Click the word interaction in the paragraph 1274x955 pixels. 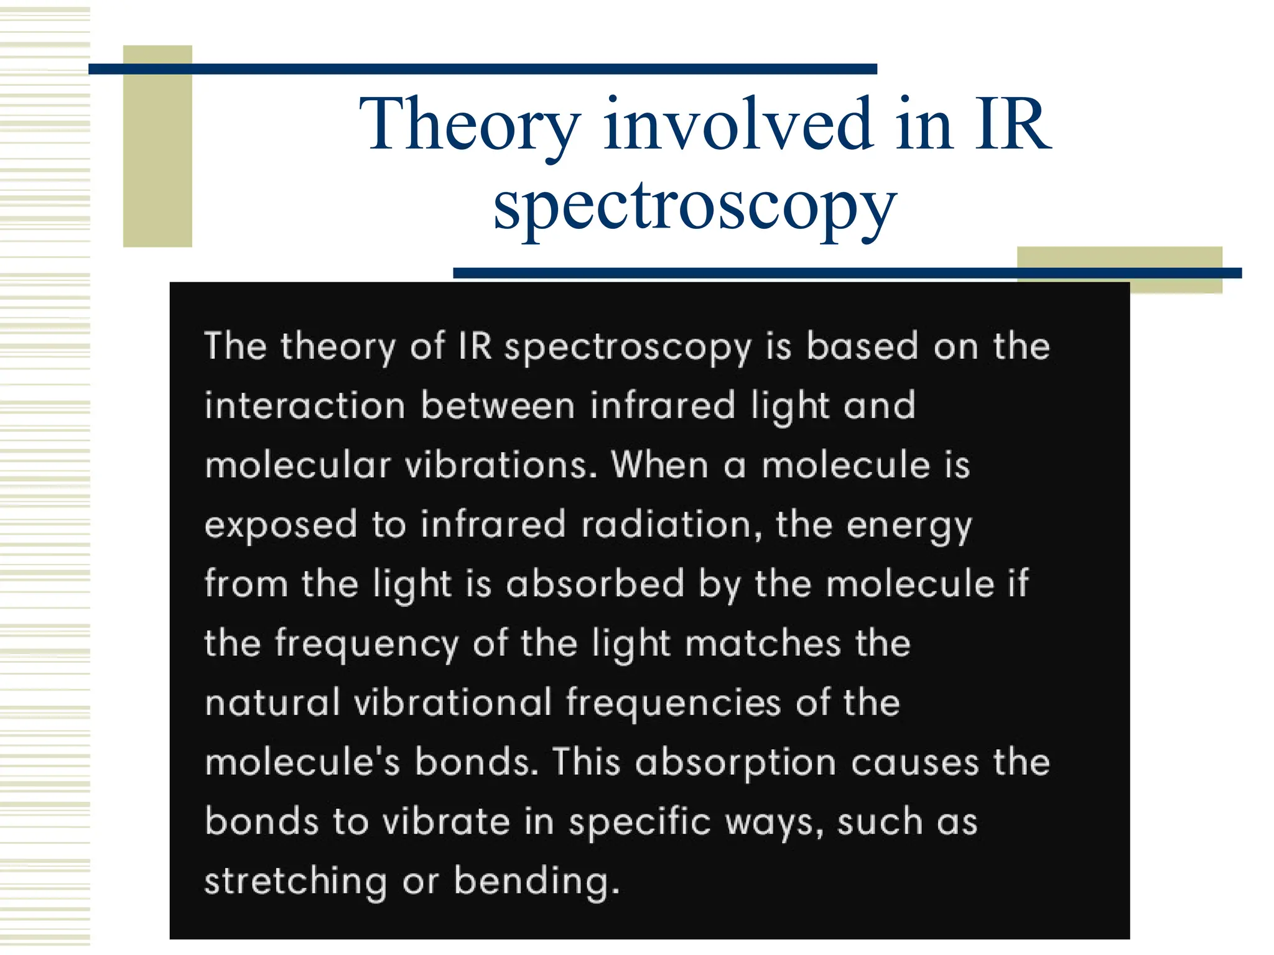[x=305, y=406]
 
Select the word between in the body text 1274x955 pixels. [x=498, y=406]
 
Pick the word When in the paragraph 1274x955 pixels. [x=659, y=465]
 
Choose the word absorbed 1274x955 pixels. [x=595, y=584]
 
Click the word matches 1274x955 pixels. [x=763, y=644]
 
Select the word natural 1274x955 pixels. [x=272, y=703]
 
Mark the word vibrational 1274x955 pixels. [x=453, y=703]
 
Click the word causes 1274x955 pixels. [x=914, y=762]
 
